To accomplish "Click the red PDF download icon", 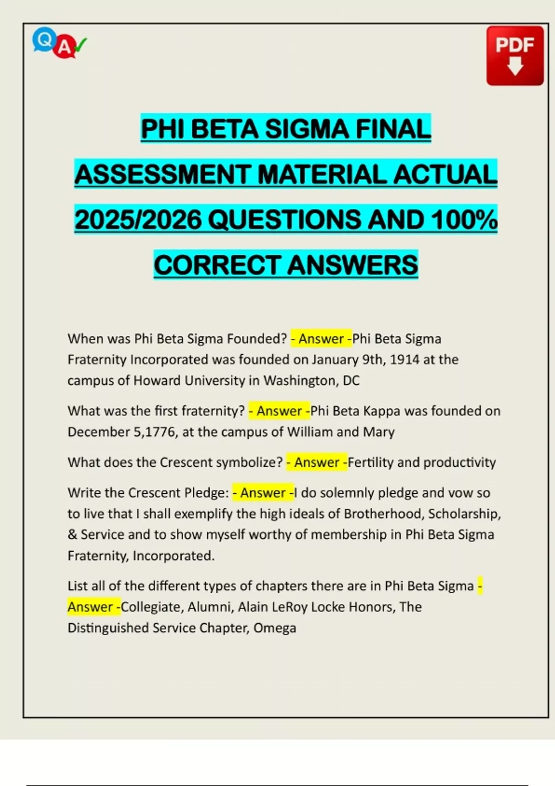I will pyautogui.click(x=515, y=56).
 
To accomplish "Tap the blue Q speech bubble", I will pyautogui.click(x=44, y=40).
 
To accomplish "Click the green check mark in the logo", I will pyautogui.click(x=80, y=45).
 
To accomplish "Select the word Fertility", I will pyautogui.click(x=370, y=462).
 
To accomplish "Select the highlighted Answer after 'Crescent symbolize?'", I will pyautogui.click(x=317, y=462).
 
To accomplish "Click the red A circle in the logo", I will pyautogui.click(x=65, y=47).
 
